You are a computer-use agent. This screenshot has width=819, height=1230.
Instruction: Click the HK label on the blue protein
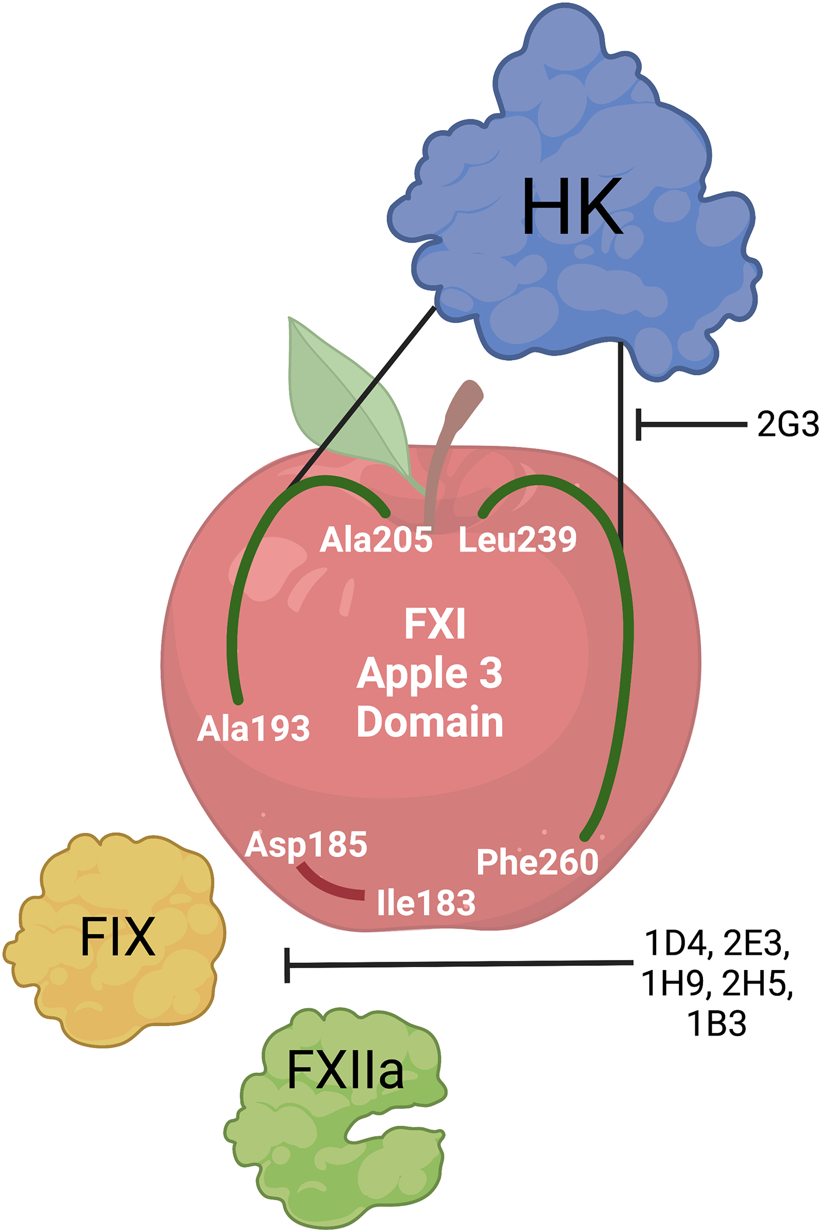pyautogui.click(x=572, y=207)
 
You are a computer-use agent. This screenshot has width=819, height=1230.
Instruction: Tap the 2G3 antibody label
pyautogui.click(x=787, y=424)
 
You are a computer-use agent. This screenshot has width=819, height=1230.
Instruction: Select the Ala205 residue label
pyautogui.click(x=376, y=539)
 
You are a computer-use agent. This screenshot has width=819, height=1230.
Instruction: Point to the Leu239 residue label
pyautogui.click(x=517, y=539)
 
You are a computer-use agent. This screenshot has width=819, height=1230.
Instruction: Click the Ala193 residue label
pyautogui.click(x=253, y=729)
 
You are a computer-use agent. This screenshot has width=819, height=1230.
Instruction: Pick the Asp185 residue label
pyautogui.click(x=306, y=845)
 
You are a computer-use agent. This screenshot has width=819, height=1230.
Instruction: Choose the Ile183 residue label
pyautogui.click(x=426, y=903)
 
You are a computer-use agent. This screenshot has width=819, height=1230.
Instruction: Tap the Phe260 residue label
pyautogui.click(x=537, y=862)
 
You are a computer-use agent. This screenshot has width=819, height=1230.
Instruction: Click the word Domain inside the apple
pyautogui.click(x=429, y=722)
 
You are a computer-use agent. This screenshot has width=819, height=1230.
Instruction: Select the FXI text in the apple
pyautogui.click(x=435, y=624)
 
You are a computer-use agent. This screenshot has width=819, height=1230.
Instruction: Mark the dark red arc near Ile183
pyautogui.click(x=328, y=886)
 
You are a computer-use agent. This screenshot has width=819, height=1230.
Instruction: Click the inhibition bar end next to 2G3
pyautogui.click(x=639, y=424)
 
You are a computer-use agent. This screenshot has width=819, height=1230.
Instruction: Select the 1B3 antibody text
pyautogui.click(x=716, y=1024)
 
